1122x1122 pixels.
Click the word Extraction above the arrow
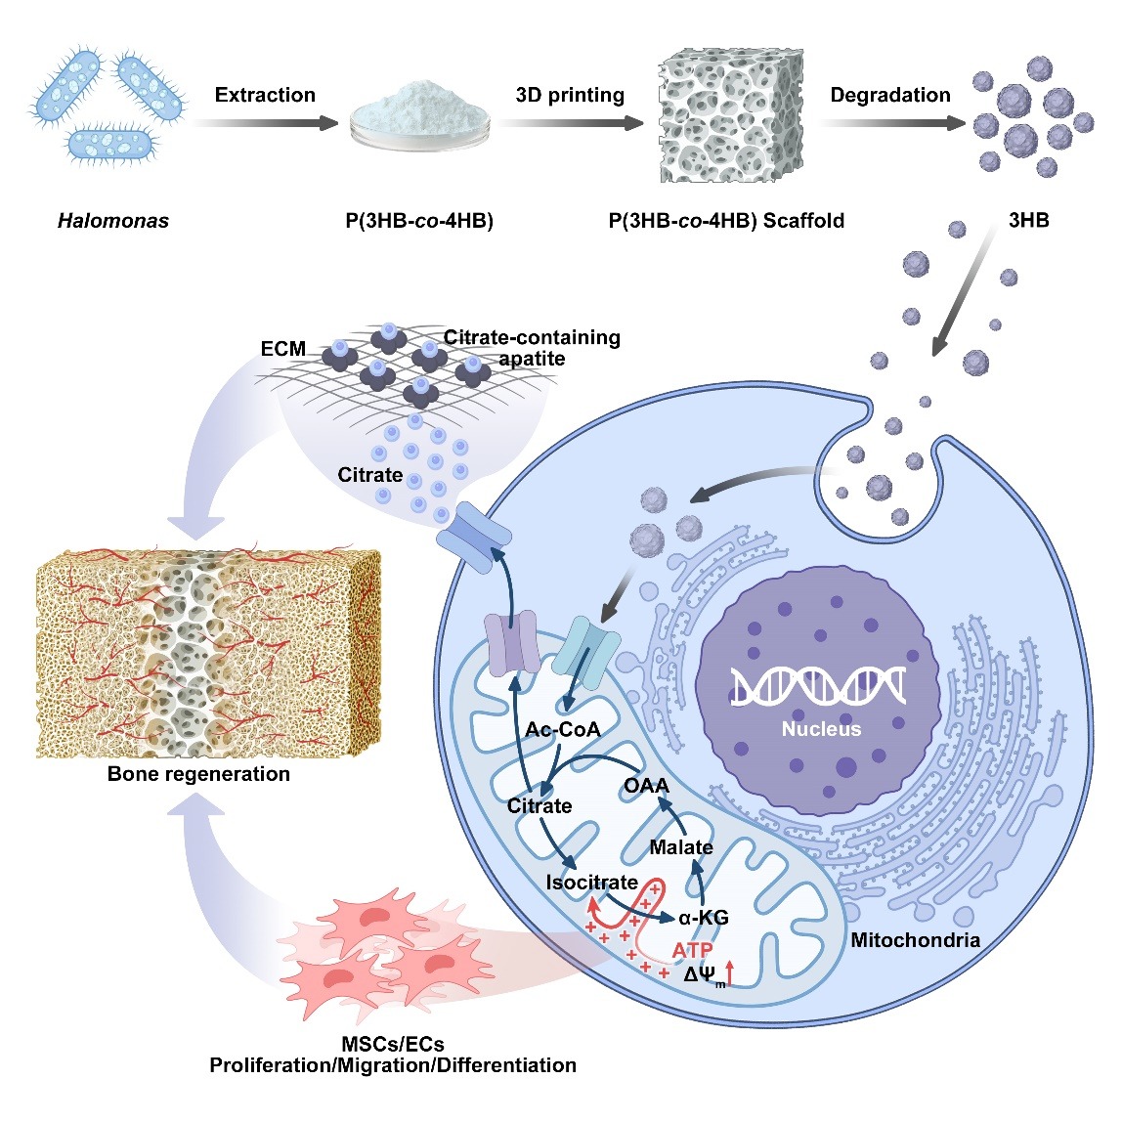pos(265,95)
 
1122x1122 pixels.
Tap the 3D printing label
pos(570,95)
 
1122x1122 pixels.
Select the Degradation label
pos(889,95)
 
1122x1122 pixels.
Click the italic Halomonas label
pos(113,221)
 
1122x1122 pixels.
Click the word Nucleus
pos(821,729)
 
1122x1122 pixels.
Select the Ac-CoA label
pos(562,730)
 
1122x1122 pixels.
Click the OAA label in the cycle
pos(646,785)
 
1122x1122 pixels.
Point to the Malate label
pos(681,846)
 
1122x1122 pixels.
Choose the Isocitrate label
pos(591,882)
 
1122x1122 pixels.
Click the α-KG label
pos(704,917)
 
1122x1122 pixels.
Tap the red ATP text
pos(692,949)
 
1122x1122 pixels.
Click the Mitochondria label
pos(915,940)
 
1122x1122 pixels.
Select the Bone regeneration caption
pos(198,774)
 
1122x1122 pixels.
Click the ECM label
pos(283,349)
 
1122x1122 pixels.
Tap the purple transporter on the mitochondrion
pos(513,643)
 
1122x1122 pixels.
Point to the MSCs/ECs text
pos(393,1044)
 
